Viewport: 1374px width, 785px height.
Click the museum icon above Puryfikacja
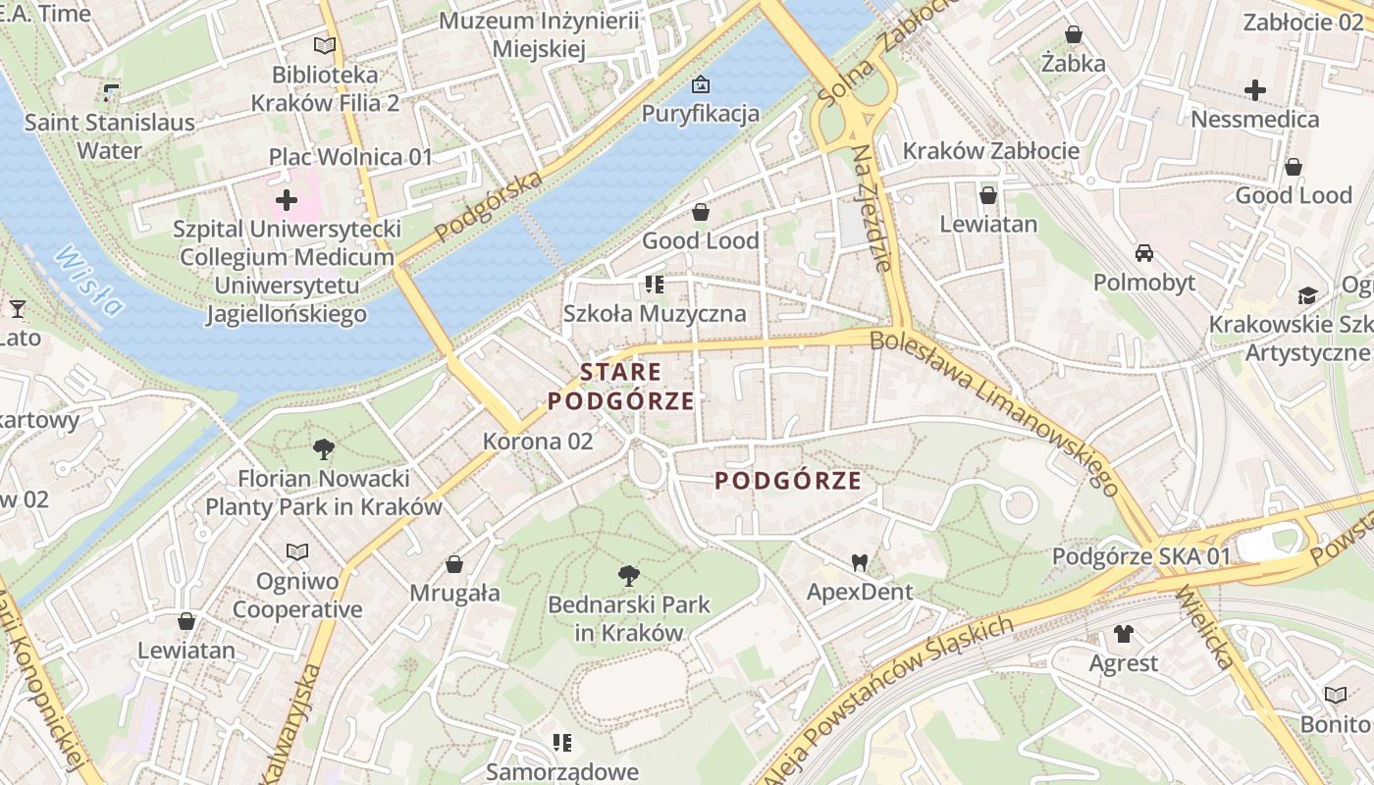[x=700, y=84]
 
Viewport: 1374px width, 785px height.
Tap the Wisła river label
[x=89, y=281]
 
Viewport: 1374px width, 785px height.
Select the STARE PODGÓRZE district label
[x=620, y=387]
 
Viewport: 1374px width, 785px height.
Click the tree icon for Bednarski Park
[x=628, y=576]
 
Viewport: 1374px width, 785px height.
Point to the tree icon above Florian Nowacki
[x=323, y=450]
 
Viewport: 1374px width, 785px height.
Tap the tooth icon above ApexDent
[x=860, y=563]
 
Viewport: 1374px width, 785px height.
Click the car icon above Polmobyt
[x=1144, y=253]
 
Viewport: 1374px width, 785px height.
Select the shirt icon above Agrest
[x=1124, y=634]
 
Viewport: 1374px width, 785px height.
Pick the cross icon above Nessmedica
[x=1254, y=91]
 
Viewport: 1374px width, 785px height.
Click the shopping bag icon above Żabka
[x=1074, y=35]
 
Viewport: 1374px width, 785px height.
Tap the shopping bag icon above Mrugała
[x=454, y=564]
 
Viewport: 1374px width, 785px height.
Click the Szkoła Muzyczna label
[x=655, y=314]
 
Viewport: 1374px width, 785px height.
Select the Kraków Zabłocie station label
[x=990, y=151]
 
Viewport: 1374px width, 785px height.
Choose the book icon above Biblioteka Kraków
[x=325, y=45]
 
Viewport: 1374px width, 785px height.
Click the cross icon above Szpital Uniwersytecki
[x=287, y=201]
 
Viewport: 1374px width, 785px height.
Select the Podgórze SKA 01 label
[x=1140, y=556]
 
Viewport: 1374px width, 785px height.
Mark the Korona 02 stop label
[x=538, y=442]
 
